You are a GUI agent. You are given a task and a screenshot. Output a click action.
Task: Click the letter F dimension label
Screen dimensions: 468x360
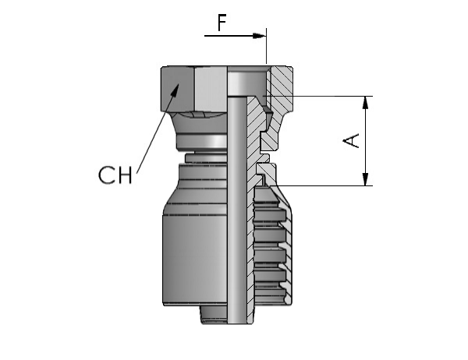pyautogui.click(x=222, y=23)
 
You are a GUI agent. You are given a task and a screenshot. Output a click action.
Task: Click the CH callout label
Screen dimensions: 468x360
pyautogui.click(x=115, y=175)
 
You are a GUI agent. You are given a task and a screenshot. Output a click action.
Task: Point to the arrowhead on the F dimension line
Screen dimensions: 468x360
pyautogui.click(x=259, y=36)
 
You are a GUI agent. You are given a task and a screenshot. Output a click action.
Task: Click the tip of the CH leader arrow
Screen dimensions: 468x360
pyautogui.click(x=179, y=84)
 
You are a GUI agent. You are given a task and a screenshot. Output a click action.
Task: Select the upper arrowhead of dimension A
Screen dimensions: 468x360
pyautogui.click(x=365, y=103)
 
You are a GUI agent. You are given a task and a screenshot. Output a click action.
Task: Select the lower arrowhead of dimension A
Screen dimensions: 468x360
pyautogui.click(x=365, y=179)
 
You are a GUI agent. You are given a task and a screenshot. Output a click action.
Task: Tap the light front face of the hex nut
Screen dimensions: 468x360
pyautogui.click(x=211, y=89)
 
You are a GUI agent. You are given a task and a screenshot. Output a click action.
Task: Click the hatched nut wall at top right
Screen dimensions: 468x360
pyautogui.click(x=282, y=90)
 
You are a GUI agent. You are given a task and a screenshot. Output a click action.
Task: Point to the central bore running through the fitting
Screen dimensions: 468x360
pyautogui.click(x=237, y=209)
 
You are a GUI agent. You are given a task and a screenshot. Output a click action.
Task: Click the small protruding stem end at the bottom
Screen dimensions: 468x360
pyautogui.click(x=214, y=315)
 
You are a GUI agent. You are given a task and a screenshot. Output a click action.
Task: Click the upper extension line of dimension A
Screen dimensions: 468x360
pyautogui.click(x=317, y=97)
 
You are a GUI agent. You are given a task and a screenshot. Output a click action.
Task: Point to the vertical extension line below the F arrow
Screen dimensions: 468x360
pyautogui.click(x=266, y=46)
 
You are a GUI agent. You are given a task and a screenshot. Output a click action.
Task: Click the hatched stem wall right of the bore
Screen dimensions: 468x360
pyautogui.click(x=252, y=209)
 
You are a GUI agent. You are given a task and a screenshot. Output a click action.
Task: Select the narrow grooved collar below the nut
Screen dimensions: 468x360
pyautogui.click(x=206, y=157)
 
